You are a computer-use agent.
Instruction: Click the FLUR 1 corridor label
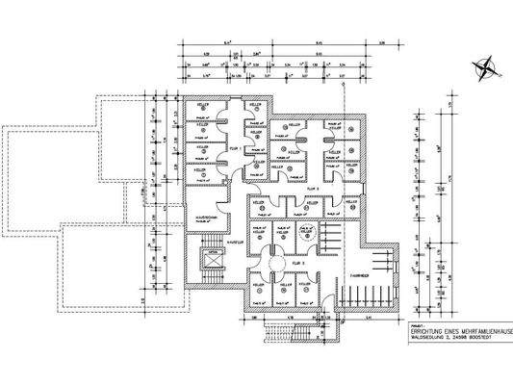click(234, 149)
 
